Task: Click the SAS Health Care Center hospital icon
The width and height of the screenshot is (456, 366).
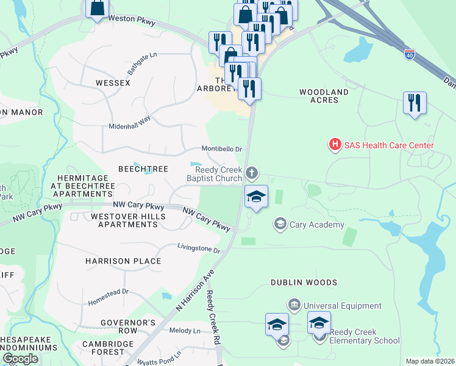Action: (x=334, y=145)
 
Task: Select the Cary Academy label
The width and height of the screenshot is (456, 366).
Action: (x=317, y=224)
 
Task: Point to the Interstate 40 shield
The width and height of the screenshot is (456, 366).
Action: (x=410, y=55)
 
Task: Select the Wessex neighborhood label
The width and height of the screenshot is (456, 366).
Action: (x=113, y=82)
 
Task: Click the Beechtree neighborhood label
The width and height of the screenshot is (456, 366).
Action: (x=143, y=169)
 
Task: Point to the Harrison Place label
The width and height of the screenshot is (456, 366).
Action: (x=123, y=261)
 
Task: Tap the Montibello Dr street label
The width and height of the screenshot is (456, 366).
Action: (x=223, y=149)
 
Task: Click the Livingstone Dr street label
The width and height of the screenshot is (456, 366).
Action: (x=198, y=249)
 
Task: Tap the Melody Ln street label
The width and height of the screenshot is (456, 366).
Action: (x=188, y=331)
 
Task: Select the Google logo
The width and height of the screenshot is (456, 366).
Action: (x=20, y=359)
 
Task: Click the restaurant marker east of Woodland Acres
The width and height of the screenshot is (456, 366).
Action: (x=415, y=104)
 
